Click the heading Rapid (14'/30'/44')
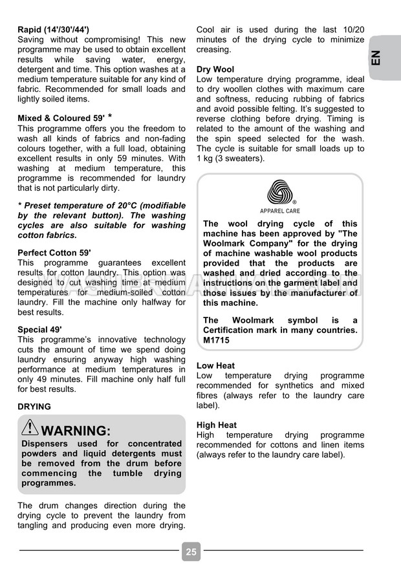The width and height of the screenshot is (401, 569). point(54,30)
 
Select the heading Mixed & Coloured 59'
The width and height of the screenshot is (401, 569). point(61,118)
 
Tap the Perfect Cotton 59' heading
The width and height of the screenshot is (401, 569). point(54,253)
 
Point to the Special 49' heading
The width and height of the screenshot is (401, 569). point(42,330)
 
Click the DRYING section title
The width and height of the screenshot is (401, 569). point(34,407)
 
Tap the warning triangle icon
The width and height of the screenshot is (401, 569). point(30,427)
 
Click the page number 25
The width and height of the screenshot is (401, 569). point(191,552)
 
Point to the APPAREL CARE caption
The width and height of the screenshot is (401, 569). point(280,211)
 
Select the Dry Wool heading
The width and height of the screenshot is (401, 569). point(215,69)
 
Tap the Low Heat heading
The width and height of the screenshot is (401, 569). point(215,366)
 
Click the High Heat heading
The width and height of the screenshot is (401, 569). point(217,425)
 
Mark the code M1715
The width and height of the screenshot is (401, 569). point(216,340)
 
